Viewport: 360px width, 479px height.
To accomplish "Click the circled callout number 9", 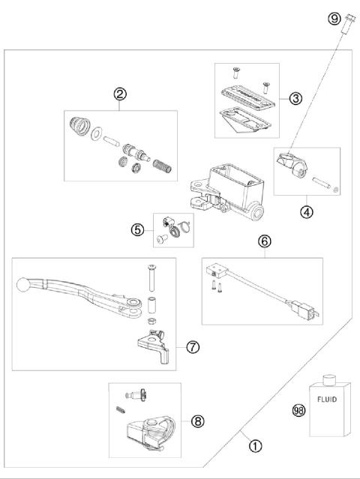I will click(334, 19).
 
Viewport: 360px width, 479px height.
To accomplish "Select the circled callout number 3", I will click(296, 98).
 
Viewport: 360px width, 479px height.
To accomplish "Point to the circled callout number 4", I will click(306, 211).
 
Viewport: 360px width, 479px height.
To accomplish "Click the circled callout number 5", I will click(137, 229).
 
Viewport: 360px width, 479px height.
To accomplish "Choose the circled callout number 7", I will click(193, 347).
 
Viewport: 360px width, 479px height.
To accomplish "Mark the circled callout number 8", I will click(198, 421).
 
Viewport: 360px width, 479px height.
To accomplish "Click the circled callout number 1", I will click(255, 445).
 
